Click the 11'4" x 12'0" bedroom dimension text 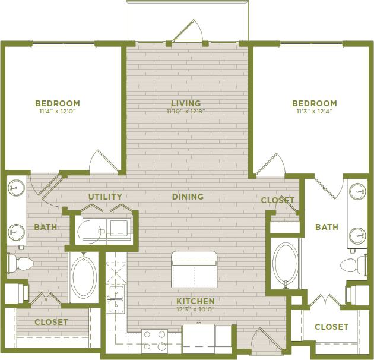(57, 111)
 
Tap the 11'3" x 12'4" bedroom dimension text (314, 111)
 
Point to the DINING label (188, 197)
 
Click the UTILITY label (105, 197)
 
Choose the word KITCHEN (195, 301)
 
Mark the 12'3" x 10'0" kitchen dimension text (195, 310)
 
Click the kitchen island (194, 269)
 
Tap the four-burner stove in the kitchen (154, 341)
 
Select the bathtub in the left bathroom (83, 277)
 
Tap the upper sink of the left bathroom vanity (15, 188)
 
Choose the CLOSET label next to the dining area (278, 200)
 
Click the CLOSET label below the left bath (51, 322)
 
